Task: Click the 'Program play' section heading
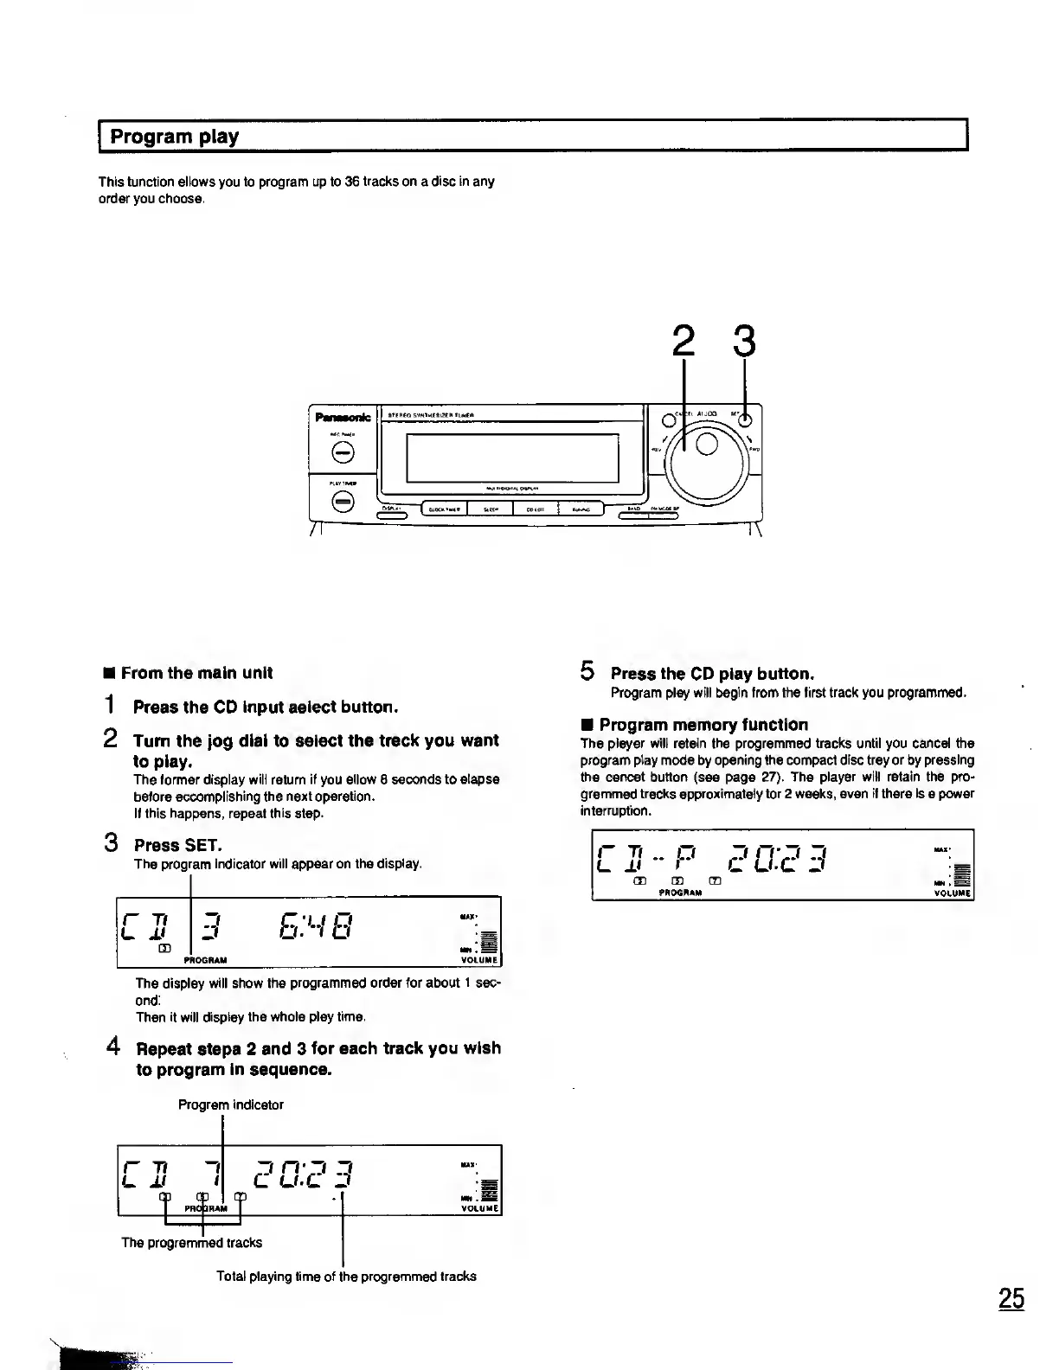click(x=174, y=137)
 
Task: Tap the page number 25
click(x=1011, y=1299)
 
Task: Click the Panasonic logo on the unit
click(x=343, y=418)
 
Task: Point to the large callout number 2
click(x=684, y=342)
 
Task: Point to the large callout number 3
click(x=743, y=342)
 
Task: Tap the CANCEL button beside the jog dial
click(x=668, y=420)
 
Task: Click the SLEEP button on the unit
click(x=490, y=509)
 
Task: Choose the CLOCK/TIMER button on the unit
click(x=444, y=509)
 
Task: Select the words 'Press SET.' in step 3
click(x=177, y=845)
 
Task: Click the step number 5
click(x=587, y=671)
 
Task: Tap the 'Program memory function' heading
click(x=703, y=725)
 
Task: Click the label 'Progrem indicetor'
click(x=230, y=1104)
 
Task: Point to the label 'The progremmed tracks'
click(x=191, y=1243)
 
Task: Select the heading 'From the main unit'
click(x=196, y=673)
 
